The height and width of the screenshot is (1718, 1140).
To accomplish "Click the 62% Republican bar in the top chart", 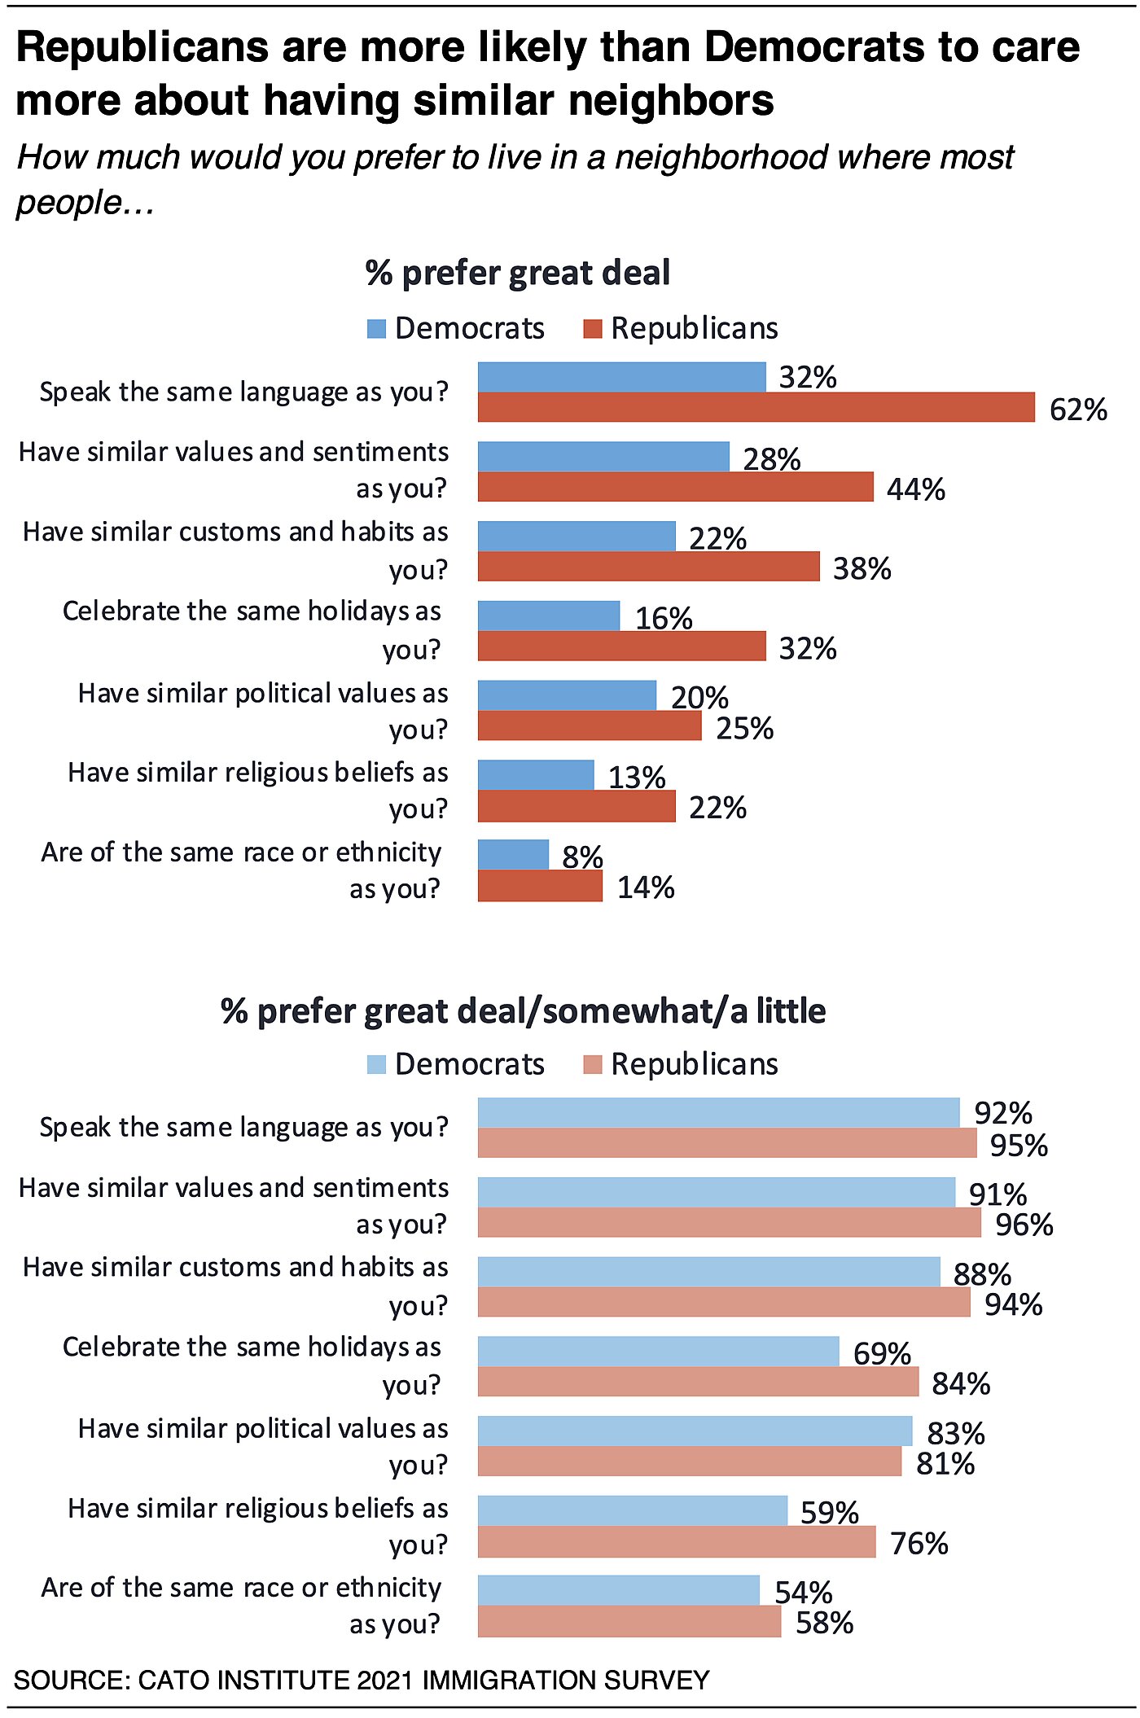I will coord(756,407).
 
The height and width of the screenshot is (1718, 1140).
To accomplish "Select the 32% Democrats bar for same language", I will coord(621,377).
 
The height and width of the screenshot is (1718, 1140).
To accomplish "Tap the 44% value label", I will coord(915,489).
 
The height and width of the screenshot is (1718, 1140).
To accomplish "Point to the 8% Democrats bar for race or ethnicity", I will coord(513,855).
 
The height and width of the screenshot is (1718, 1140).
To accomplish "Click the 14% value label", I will coord(646,887).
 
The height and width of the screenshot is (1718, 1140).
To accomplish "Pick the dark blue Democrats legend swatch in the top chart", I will coord(376,329).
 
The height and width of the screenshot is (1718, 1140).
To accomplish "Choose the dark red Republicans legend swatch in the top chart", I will coord(593,329).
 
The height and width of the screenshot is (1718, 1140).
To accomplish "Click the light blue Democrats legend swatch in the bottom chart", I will coord(376,1065).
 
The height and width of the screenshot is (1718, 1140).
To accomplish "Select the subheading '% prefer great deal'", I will coord(518,273).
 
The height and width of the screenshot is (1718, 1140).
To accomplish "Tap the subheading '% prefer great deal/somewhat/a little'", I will coord(523,1011).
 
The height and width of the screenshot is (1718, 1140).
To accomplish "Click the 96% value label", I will coord(1024,1225).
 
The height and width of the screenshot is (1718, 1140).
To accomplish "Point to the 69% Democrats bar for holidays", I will coord(658,1352).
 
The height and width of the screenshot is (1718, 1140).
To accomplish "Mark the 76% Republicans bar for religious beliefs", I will coord(676,1543).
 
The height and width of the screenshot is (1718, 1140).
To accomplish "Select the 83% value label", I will coord(956,1433).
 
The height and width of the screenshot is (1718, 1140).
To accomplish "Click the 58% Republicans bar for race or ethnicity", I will coord(629,1622).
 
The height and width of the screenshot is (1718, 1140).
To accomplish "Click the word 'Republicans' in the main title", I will coord(142,47).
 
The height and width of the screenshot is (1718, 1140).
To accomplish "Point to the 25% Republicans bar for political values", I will coord(589,726).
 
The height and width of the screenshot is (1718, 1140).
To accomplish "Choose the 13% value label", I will coord(637,778).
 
